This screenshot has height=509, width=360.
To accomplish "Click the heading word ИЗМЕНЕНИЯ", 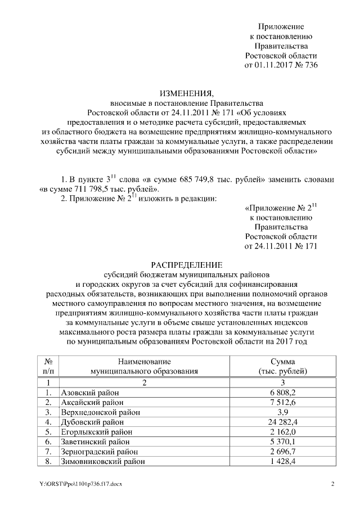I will point(186,93).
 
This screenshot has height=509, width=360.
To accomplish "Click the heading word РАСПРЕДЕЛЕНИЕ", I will point(186,264).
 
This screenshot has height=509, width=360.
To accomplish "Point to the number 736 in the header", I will point(310,65).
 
